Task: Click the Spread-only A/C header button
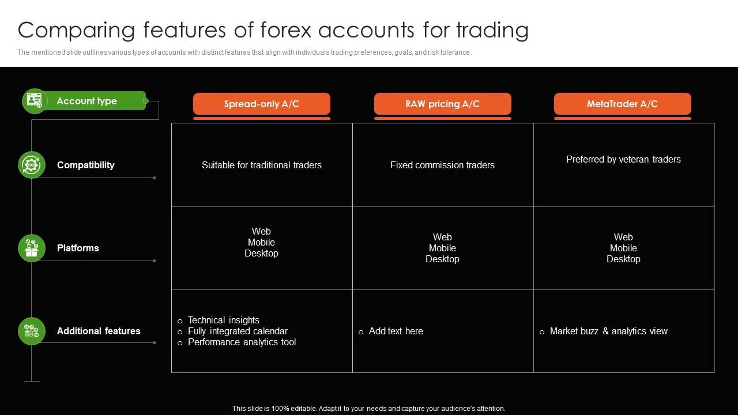[261, 104]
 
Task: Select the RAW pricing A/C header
[442, 104]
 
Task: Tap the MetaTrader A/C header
[622, 104]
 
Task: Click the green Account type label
[87, 101]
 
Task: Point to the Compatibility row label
[85, 165]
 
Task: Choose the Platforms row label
[78, 248]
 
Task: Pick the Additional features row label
[99, 331]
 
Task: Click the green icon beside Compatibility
[32, 165]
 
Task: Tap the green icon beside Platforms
[32, 248]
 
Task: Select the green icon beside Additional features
[32, 331]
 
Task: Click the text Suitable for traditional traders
[261, 165]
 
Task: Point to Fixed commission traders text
[442, 165]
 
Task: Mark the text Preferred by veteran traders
[623, 159]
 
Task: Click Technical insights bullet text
[224, 320]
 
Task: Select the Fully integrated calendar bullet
[238, 331]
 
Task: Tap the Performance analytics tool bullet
[242, 342]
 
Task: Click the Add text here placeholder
[396, 331]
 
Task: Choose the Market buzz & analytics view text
[608, 331]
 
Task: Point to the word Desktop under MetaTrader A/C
[623, 259]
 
